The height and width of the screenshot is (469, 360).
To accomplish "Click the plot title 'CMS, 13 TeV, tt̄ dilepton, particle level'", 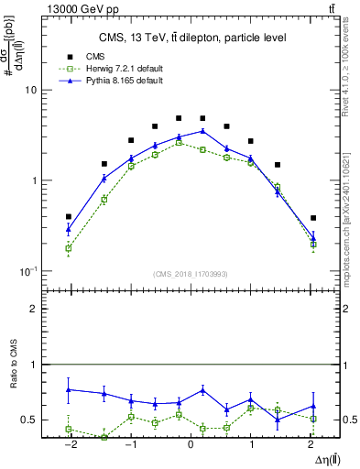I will (x=191, y=38).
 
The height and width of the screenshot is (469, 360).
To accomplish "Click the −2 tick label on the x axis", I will (x=68, y=445).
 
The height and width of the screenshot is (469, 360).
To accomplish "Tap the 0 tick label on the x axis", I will (x=191, y=445).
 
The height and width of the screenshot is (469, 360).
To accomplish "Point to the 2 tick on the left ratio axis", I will (x=33, y=309).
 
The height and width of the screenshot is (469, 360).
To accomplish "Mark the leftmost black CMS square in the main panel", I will (x=69, y=217).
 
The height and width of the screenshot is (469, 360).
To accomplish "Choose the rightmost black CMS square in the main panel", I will (x=313, y=218).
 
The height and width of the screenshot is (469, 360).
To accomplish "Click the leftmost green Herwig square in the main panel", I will (x=69, y=248).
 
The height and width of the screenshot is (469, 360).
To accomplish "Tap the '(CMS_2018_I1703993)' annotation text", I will (x=191, y=273).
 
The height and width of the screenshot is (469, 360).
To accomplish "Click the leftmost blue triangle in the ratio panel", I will (x=69, y=389).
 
